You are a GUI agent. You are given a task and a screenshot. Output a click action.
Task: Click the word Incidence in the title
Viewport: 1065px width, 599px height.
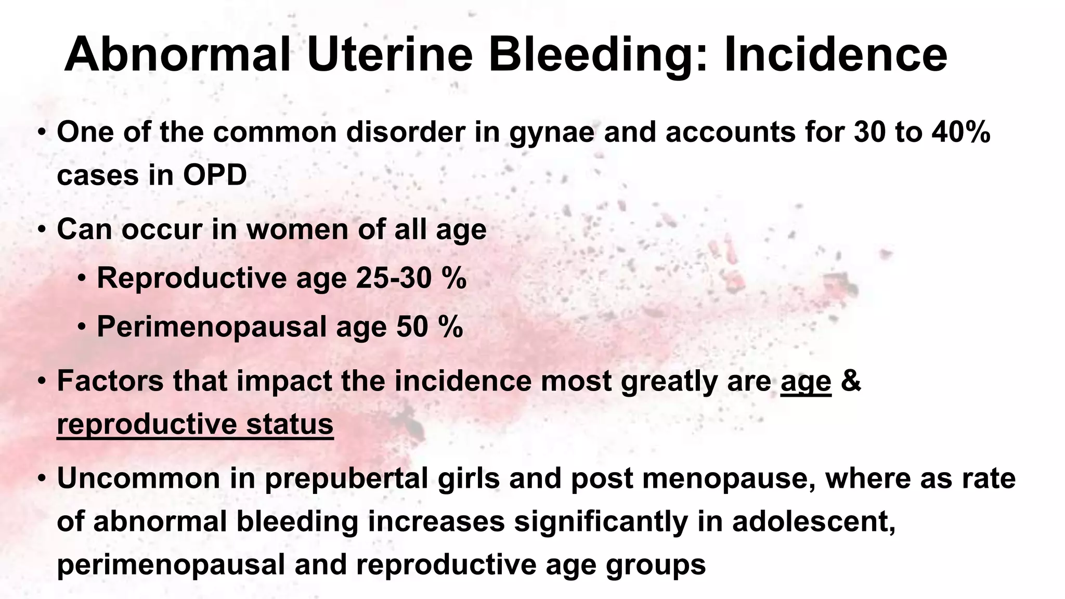pos(835,55)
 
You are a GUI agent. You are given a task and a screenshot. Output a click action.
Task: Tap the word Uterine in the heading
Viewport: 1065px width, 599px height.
pos(389,55)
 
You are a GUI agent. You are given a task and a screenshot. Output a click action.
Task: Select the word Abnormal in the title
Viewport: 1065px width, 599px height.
pos(177,55)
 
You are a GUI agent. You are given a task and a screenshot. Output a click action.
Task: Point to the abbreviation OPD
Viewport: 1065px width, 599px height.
pos(214,175)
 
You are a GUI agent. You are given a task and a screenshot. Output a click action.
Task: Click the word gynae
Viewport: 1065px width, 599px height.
pos(552,133)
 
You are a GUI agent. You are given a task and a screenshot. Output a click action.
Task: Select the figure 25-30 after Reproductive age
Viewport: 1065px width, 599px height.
pos(394,278)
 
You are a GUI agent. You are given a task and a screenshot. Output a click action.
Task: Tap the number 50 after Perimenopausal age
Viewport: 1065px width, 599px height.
pos(412,327)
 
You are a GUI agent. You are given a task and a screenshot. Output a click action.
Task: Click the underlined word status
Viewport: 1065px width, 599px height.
pos(290,423)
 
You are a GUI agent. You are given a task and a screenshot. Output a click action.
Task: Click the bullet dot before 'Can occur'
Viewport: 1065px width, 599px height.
pos(41,229)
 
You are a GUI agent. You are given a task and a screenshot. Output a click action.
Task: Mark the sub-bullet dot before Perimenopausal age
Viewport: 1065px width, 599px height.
pos(82,327)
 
